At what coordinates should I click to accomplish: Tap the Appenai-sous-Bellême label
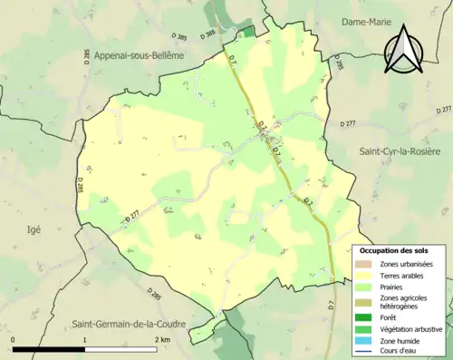139,55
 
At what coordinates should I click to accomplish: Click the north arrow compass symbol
404,54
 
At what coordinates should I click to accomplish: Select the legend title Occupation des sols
394,250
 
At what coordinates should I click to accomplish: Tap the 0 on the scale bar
13,340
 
